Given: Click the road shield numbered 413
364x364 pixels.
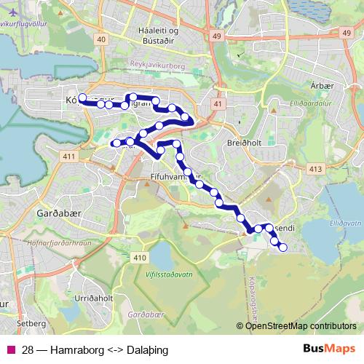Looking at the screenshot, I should (315, 169).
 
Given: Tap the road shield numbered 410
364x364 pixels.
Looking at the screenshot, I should (140, 258).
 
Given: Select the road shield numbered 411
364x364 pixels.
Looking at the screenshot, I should (70, 157).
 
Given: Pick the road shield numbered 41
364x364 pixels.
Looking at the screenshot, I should (218, 105).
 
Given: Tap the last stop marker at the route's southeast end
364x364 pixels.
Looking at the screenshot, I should (282, 248).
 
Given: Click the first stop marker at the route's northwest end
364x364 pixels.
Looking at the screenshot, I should (82, 98).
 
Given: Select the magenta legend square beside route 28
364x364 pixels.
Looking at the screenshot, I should (10, 349).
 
